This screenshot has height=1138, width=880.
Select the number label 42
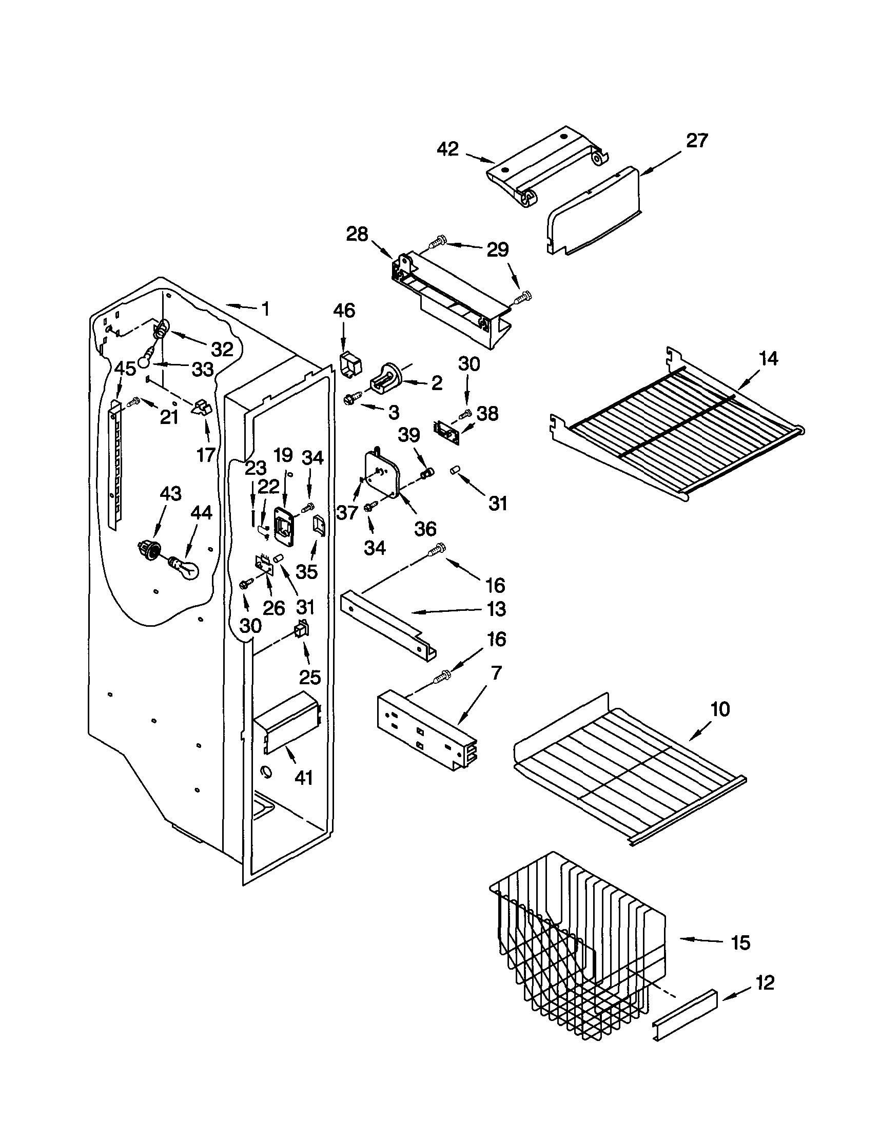447,149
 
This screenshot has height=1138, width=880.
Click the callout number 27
697,141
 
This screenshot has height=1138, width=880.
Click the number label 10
720,709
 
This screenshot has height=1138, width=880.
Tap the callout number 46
344,311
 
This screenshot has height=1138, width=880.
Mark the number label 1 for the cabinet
265,309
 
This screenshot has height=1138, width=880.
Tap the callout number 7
497,673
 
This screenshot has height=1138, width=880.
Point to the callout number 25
309,677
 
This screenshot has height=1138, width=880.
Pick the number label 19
283,455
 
